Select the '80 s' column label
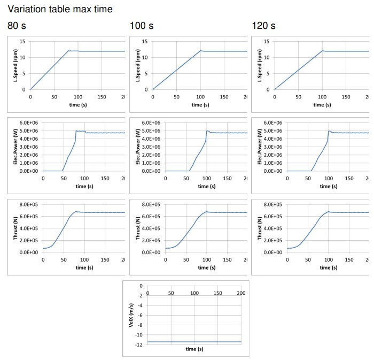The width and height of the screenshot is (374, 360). point(17,26)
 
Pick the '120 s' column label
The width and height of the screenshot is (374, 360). point(263,26)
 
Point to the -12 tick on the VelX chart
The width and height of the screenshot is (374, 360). point(139,344)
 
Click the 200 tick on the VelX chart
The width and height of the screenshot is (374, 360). point(240,293)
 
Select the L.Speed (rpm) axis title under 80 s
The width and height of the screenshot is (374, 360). point(16,65)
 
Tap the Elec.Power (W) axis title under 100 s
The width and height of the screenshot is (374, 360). point(138,147)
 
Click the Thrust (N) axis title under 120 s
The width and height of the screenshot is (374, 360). point(260,228)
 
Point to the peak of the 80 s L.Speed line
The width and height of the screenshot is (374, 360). point(68,50)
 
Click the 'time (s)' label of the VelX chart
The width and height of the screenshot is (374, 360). point(194,349)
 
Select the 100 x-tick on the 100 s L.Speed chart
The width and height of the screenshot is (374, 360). point(200,97)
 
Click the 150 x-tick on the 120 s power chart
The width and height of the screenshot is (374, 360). point(349,179)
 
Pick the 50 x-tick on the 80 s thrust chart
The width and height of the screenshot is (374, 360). point(64,260)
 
